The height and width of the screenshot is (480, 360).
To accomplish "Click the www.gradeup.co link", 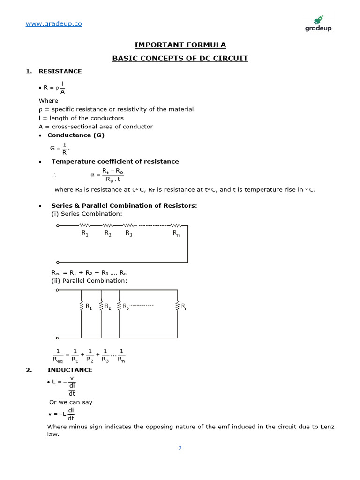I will pos(53,23).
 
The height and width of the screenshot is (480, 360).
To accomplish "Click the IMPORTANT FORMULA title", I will pos(180,45).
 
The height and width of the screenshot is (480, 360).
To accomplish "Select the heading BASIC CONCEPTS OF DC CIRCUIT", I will pos(180,59).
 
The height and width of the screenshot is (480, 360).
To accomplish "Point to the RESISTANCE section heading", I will pos(60,71).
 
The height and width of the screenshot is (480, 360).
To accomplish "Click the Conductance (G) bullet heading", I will pos(76,135).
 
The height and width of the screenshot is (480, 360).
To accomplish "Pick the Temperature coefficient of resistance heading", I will pos(115,161).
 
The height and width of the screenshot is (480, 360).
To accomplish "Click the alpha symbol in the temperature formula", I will pos(92,175).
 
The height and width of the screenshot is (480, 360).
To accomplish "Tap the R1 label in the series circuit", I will pos(85,233).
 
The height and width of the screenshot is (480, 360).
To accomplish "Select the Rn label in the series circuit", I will pos(176,233).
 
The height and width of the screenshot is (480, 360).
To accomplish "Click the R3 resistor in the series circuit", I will pos(128,225).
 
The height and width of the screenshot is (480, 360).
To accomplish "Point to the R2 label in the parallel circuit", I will pos(107,307).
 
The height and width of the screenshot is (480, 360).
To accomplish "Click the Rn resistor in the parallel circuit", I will pos(178,306).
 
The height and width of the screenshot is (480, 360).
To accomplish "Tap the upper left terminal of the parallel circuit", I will pos(57,290).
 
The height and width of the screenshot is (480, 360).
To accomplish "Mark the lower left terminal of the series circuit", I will pos(57,262).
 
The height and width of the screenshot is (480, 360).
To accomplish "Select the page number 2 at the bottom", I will pos(180,448).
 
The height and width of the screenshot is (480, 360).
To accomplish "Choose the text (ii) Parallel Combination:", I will pos(89,280).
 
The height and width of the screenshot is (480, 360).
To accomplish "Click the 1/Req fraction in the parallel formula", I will pos(59,355).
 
